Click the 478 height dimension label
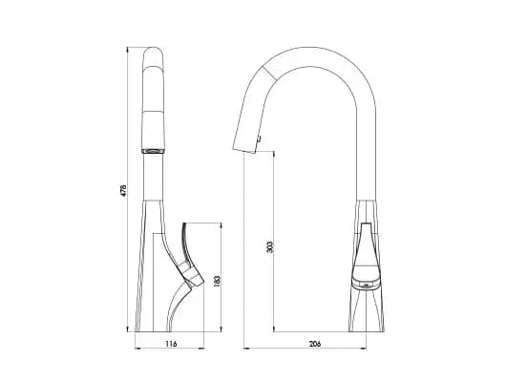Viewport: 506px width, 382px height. click(123, 190)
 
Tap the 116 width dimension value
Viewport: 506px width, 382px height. click(171, 344)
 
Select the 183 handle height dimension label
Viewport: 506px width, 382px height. click(217, 281)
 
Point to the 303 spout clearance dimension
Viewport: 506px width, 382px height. click(270, 246)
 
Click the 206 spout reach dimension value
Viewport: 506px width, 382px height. click(315, 344)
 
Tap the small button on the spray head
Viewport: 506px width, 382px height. click(259, 139)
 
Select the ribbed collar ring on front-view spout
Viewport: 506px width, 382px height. click(155, 151)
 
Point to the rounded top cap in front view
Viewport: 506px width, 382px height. click(154, 56)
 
